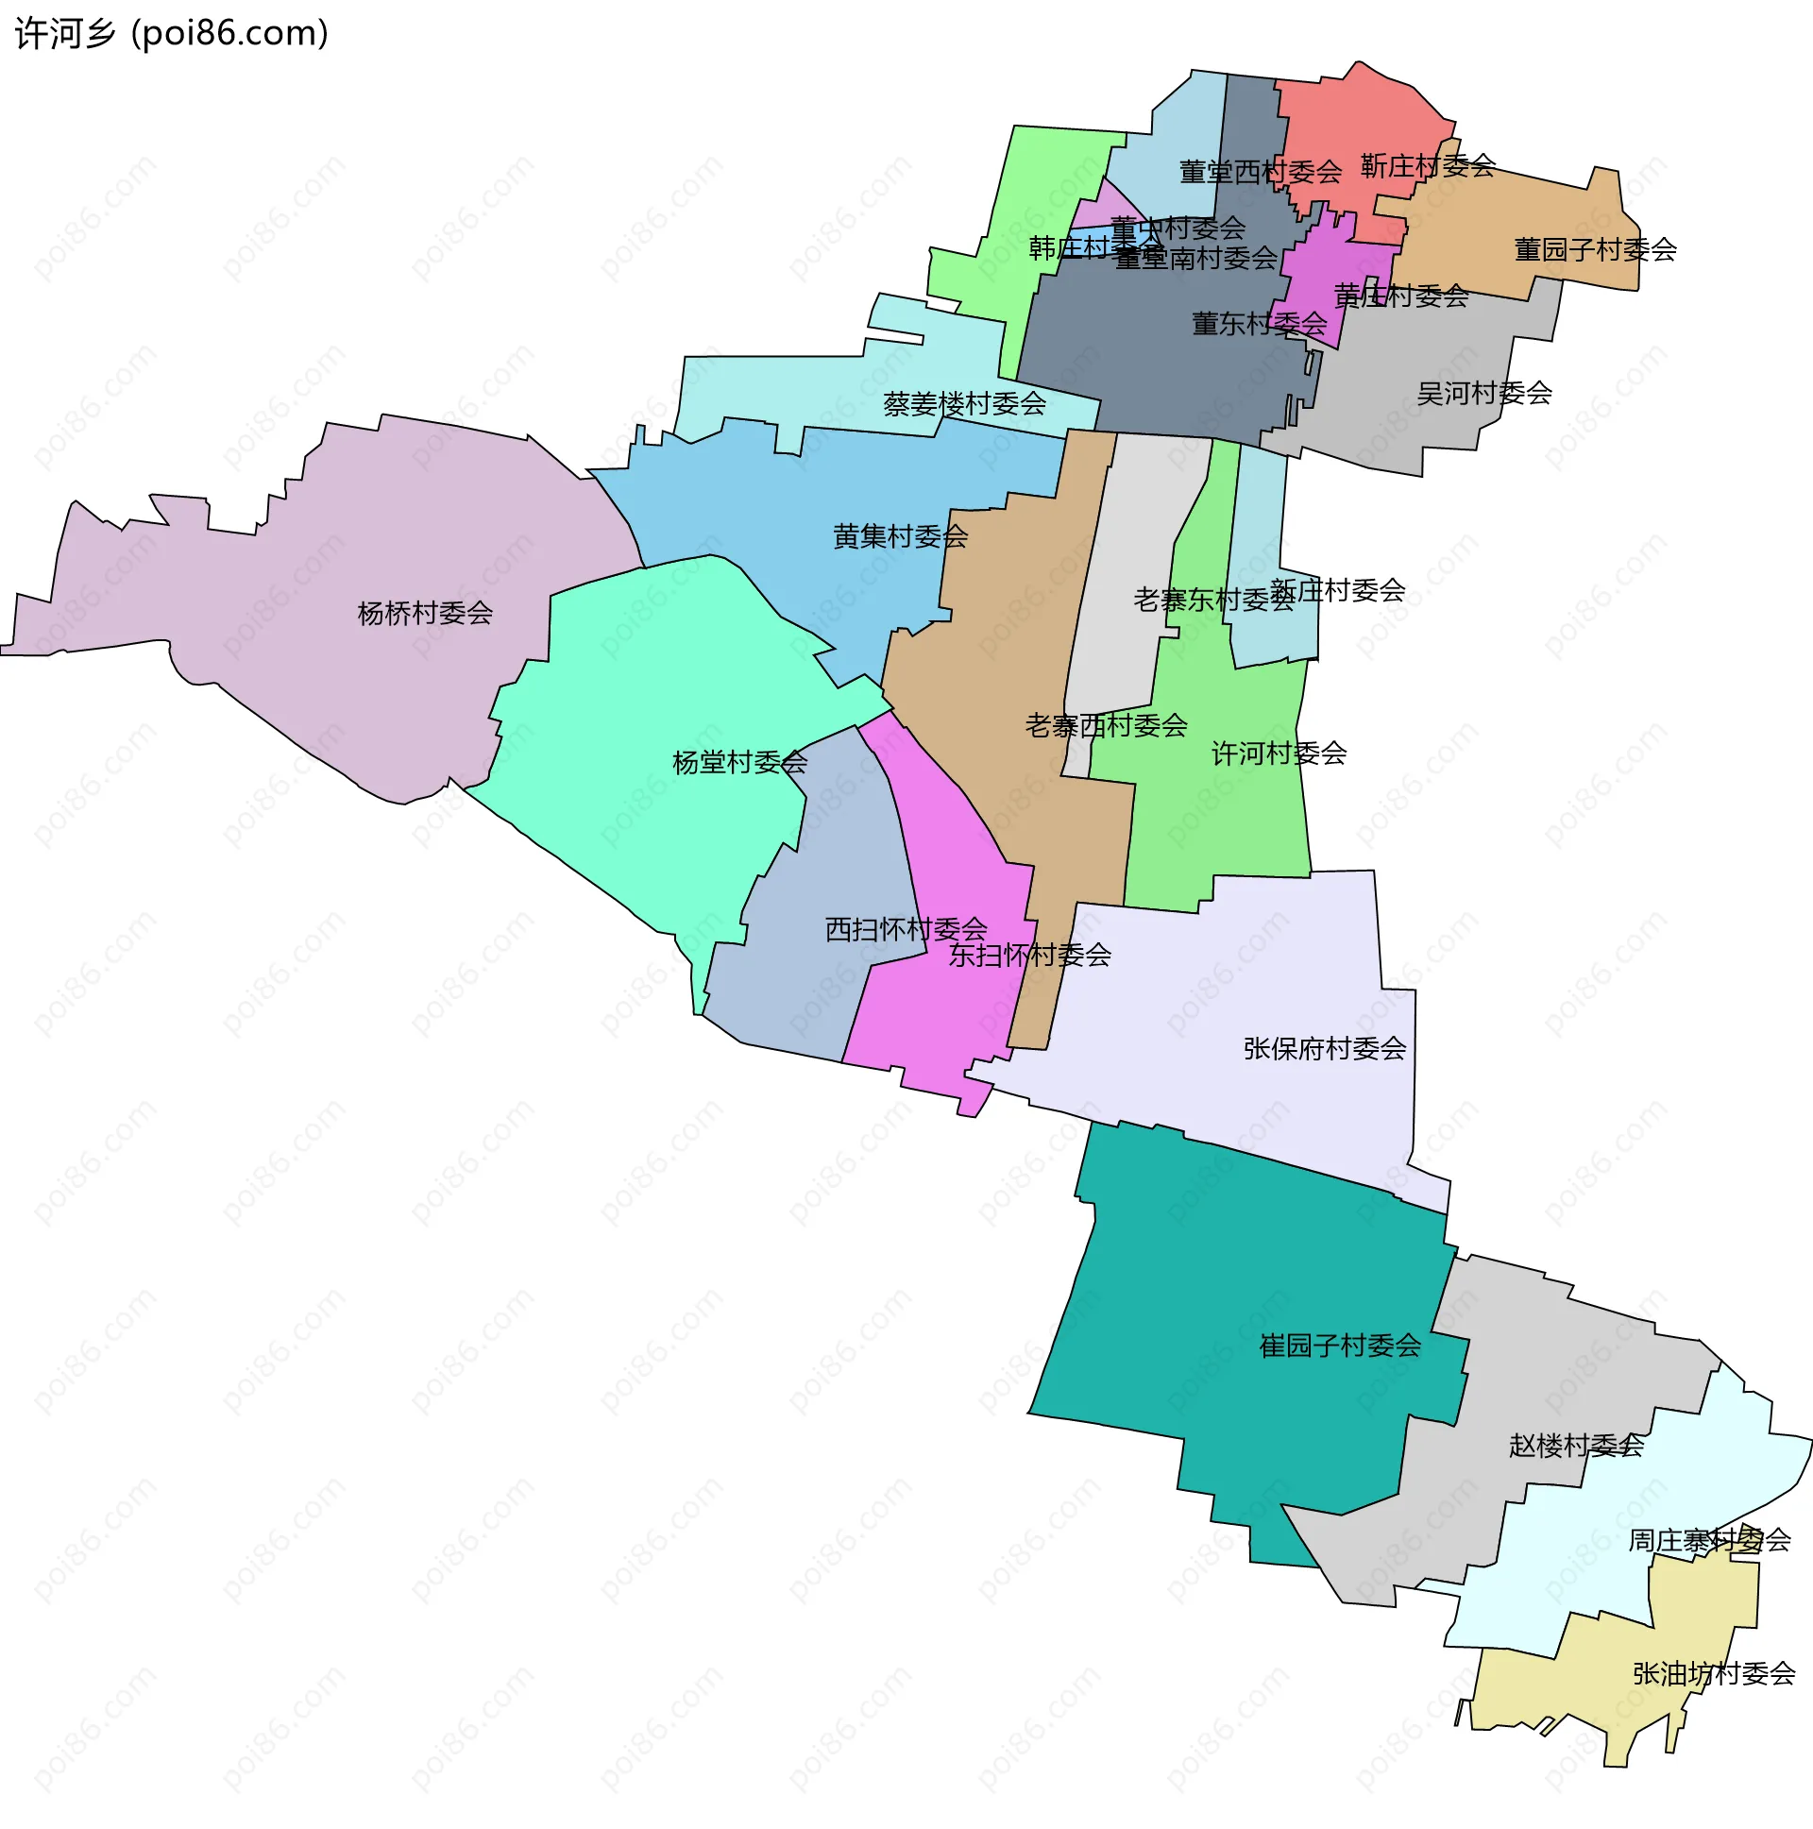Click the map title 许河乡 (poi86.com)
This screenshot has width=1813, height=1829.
pyautogui.click(x=171, y=33)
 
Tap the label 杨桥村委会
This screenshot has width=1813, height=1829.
pyautogui.click(x=425, y=614)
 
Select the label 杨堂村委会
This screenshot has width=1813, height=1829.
pyautogui.click(x=739, y=762)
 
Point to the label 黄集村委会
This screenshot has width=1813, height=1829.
pyautogui.click(x=900, y=536)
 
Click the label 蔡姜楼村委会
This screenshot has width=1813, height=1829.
pyautogui.click(x=964, y=404)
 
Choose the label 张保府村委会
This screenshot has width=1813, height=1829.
pyautogui.click(x=1325, y=1048)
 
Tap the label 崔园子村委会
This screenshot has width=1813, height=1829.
pyautogui.click(x=1340, y=1346)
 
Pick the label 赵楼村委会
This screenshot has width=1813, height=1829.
pyautogui.click(x=1576, y=1446)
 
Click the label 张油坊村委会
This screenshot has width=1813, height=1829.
pyautogui.click(x=1714, y=1674)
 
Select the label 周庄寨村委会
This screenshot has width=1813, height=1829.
pyautogui.click(x=1709, y=1540)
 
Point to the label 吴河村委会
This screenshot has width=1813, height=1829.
pyautogui.click(x=1483, y=393)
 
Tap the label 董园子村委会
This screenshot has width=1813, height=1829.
pyautogui.click(x=1595, y=250)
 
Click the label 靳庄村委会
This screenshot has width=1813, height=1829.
pyautogui.click(x=1428, y=166)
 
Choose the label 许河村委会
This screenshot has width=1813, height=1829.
pyautogui.click(x=1279, y=754)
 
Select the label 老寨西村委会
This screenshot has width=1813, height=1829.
pyautogui.click(x=1106, y=726)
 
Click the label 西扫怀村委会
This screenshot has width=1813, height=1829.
pyautogui.click(x=906, y=930)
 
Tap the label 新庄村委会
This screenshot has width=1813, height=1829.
pyautogui.click(x=1337, y=591)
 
